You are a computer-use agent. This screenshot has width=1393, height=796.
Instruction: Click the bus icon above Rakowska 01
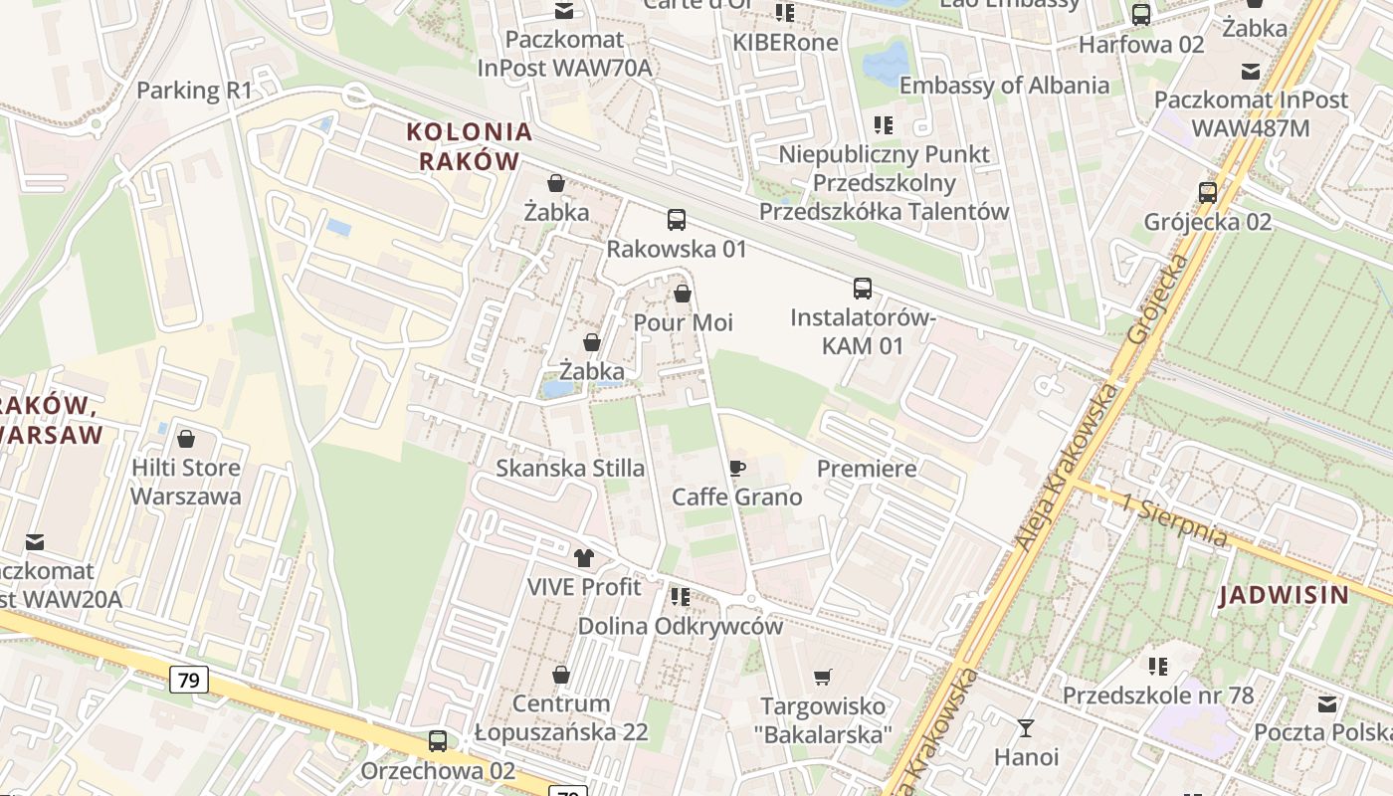(677, 219)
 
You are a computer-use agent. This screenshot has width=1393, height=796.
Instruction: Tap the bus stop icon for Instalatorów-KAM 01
(863, 289)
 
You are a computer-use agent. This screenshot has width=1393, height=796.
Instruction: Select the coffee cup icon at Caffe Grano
(737, 468)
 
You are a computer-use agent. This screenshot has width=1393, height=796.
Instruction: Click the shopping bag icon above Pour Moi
(683, 294)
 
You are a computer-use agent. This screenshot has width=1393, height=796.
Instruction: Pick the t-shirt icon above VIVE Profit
(584, 558)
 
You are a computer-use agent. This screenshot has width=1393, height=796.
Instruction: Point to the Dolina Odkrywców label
(681, 627)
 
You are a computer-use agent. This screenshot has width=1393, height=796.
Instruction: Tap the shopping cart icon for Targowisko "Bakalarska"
(823, 678)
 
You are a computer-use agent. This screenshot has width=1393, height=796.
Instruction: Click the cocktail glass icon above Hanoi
(1026, 728)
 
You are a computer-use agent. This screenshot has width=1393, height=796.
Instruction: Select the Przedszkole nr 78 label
(1158, 695)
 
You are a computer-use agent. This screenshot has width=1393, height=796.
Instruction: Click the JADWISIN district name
(1284, 596)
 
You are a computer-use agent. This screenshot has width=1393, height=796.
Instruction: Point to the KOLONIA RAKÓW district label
(470, 146)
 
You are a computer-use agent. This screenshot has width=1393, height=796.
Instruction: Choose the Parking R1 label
(195, 91)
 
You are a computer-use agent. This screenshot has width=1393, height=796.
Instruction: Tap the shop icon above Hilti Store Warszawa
(186, 439)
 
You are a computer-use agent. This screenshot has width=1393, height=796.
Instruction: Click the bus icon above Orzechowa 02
(438, 741)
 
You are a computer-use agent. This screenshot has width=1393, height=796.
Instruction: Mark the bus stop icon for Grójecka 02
(1208, 192)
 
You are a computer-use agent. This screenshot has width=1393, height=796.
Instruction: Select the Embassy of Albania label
(1004, 85)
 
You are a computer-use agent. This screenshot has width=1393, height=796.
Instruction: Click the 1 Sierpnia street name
(1174, 519)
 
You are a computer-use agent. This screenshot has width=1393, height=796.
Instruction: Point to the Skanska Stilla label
(570, 468)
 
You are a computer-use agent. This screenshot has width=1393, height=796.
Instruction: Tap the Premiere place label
(867, 468)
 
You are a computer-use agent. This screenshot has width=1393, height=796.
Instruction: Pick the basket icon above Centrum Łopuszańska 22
(561, 676)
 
